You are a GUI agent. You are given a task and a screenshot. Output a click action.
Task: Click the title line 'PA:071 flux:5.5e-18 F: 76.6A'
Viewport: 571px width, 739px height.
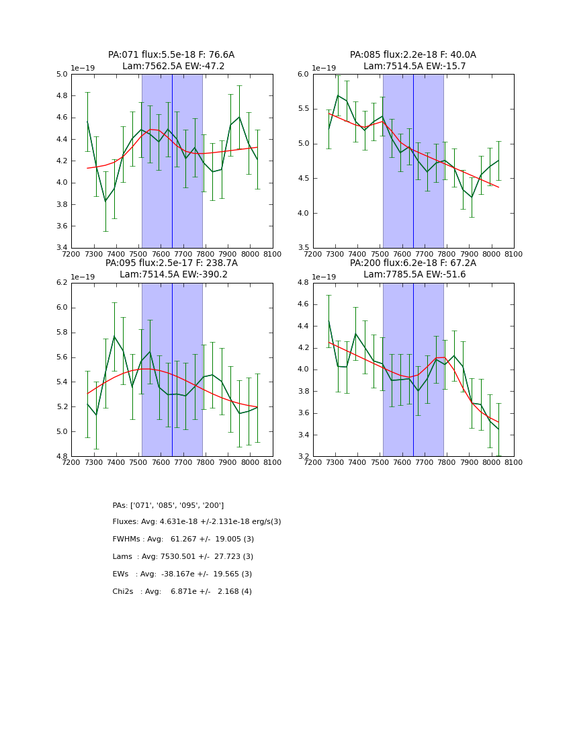[x=171, y=55]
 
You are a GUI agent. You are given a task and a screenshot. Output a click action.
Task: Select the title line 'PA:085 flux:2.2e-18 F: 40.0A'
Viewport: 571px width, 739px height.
[x=412, y=55]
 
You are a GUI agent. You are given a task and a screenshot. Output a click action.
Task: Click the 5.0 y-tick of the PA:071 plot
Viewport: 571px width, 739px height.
[x=62, y=74]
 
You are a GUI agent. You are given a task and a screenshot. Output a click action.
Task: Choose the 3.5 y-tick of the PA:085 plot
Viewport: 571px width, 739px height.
[x=304, y=248]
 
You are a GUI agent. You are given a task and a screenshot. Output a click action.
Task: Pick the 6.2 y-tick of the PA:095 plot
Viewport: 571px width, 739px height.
[x=62, y=283]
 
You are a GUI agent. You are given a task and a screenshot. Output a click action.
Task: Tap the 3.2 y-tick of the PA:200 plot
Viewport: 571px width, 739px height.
[x=304, y=457]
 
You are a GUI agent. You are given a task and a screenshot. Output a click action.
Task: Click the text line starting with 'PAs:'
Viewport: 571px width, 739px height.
[x=168, y=505]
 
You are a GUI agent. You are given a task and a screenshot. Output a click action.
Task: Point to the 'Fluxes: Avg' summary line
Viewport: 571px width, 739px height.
[x=197, y=522]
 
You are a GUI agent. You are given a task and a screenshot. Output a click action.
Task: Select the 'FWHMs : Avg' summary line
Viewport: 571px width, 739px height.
[x=183, y=539]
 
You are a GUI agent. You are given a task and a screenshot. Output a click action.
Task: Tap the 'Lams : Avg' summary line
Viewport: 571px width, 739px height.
[x=183, y=557]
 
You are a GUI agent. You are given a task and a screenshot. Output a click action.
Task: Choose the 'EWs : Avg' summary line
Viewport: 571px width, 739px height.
[x=182, y=574]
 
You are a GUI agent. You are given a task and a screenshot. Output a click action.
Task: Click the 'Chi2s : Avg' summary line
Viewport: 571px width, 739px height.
[x=182, y=592]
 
